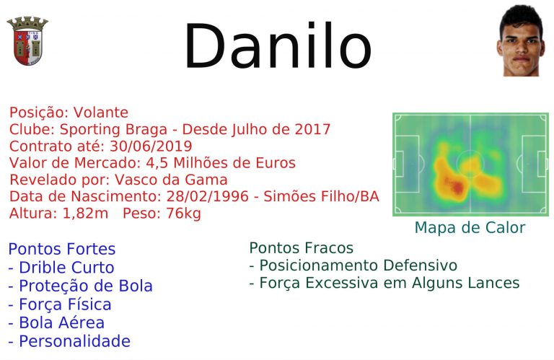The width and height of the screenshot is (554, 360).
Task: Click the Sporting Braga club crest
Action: point(27,41)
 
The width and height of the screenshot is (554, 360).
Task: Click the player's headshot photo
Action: point(521,40)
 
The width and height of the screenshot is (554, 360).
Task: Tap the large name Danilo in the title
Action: point(278,45)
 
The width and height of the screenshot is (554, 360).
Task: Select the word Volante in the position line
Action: point(101,113)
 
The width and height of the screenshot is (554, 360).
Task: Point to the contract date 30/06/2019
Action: point(151,146)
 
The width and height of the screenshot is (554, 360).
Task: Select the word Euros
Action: point(276,163)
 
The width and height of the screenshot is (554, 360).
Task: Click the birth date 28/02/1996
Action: point(208,196)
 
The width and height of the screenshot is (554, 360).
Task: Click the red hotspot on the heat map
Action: point(457,187)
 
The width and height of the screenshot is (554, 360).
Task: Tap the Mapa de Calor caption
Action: point(470,227)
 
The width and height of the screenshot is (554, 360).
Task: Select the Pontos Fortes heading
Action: point(62,249)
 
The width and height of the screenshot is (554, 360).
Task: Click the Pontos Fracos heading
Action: point(302,248)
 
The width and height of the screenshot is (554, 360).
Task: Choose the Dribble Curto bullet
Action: point(61,268)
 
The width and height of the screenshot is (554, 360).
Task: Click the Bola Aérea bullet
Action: point(56,322)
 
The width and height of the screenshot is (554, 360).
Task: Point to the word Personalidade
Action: point(74,341)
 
